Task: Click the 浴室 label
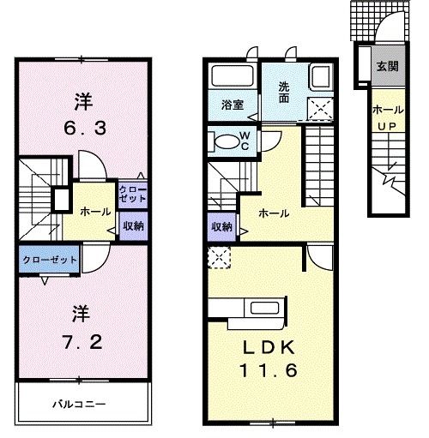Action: (233, 106)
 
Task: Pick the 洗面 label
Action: (285, 91)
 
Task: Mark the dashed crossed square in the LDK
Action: (216, 255)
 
